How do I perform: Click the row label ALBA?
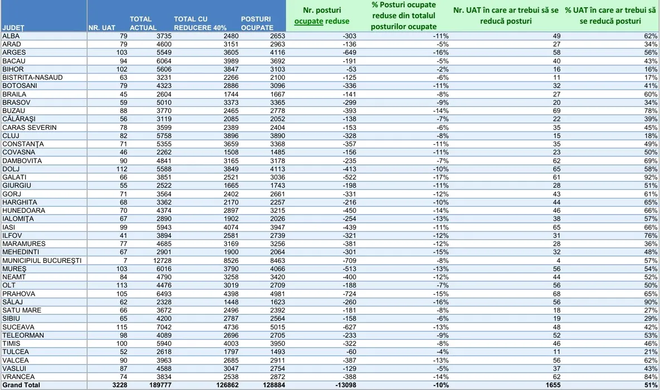click(x=11, y=36)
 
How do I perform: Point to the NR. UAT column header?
click(x=102, y=27)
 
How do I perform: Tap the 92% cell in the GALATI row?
click(x=652, y=177)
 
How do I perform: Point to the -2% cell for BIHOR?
click(x=445, y=69)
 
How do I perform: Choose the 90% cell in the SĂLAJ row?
click(x=652, y=302)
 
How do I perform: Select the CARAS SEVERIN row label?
click(x=30, y=127)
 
